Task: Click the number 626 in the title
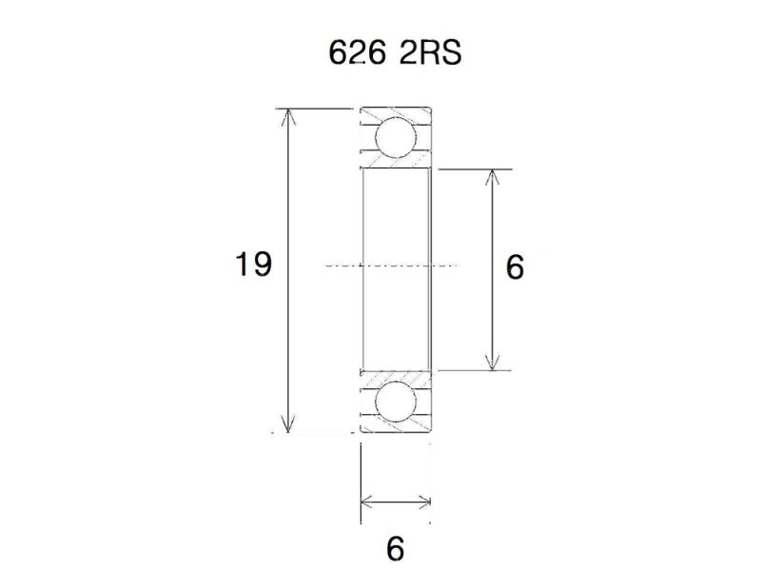click(352, 53)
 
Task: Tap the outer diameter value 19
click(254, 265)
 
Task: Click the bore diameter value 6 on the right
click(515, 267)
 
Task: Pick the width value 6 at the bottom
click(396, 548)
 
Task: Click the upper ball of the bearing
click(395, 137)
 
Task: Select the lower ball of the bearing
click(395, 404)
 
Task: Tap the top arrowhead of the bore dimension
click(491, 177)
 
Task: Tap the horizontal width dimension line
click(396, 499)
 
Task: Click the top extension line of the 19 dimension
click(314, 109)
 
